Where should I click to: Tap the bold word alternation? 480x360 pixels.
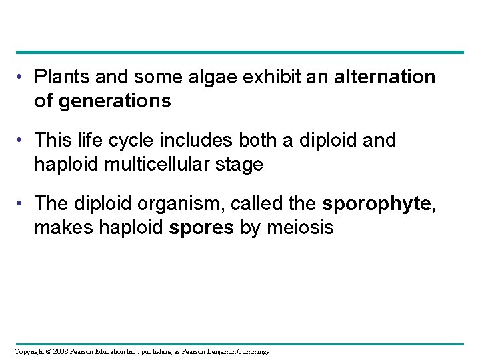tap(385, 77)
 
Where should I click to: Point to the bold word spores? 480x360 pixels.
tap(201, 227)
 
